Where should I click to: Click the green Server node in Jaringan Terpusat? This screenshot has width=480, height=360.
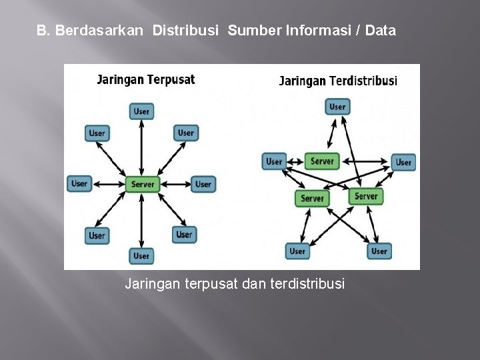click(x=143, y=185)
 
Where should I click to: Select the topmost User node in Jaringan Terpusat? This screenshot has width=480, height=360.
click(x=141, y=111)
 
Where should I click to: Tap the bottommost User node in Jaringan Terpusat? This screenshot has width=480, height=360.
click(x=141, y=255)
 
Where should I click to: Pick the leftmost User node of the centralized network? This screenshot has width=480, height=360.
click(x=79, y=183)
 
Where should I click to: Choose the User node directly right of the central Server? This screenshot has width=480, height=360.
click(x=203, y=184)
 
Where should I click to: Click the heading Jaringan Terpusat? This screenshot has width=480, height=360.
click(x=146, y=80)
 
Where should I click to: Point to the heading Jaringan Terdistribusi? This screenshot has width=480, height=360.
click(x=337, y=81)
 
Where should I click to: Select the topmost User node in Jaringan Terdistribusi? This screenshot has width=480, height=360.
click(x=337, y=107)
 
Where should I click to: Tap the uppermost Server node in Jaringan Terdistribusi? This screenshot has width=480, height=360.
click(x=322, y=161)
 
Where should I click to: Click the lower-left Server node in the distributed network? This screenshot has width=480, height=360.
click(x=311, y=198)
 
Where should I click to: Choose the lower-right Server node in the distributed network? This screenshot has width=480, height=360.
click(x=366, y=196)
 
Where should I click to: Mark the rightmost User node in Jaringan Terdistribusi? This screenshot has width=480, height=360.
click(x=403, y=162)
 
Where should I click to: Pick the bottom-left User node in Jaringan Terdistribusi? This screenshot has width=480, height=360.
click(x=297, y=251)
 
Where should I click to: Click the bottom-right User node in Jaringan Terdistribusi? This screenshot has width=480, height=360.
click(x=379, y=251)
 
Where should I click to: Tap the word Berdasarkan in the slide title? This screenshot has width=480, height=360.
click(x=99, y=31)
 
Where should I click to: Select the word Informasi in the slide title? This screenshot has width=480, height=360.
click(x=315, y=31)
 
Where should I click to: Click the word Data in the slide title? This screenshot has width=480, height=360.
click(x=381, y=31)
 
